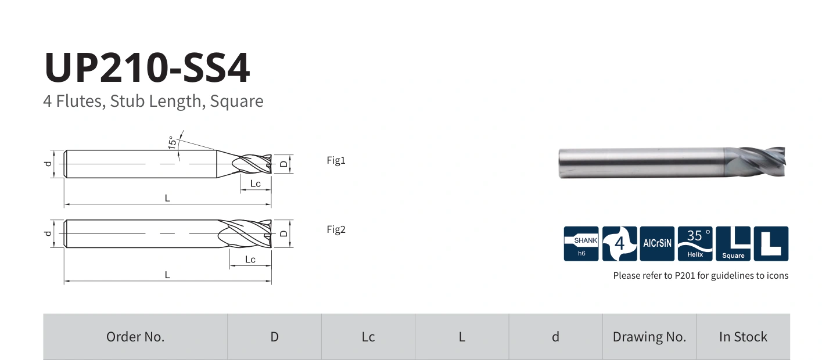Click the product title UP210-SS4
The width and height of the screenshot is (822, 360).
tap(147, 68)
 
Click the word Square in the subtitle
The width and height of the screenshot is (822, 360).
tap(236, 101)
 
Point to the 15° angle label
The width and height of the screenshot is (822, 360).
tap(172, 142)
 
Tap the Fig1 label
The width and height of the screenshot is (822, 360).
tap(336, 160)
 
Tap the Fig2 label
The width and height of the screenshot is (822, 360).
tap(336, 230)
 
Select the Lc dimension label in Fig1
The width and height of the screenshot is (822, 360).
tap(256, 183)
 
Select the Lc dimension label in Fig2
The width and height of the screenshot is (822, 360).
tap(250, 260)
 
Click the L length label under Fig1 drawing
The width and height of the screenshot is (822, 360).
tap(167, 198)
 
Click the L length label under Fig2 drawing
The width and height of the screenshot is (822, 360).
tap(167, 275)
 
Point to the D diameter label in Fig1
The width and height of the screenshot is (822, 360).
tap(283, 164)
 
